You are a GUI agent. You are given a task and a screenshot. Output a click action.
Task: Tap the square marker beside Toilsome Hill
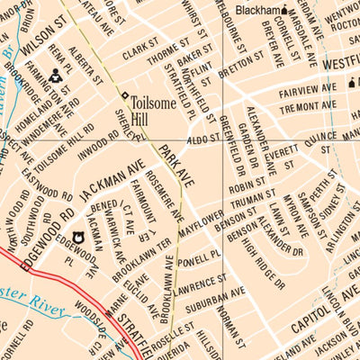(124, 95)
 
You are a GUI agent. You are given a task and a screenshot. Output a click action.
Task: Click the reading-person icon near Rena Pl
(56, 75)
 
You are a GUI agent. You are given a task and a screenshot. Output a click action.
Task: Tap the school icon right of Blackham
(284, 11)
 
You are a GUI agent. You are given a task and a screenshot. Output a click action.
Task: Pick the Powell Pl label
(198, 261)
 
